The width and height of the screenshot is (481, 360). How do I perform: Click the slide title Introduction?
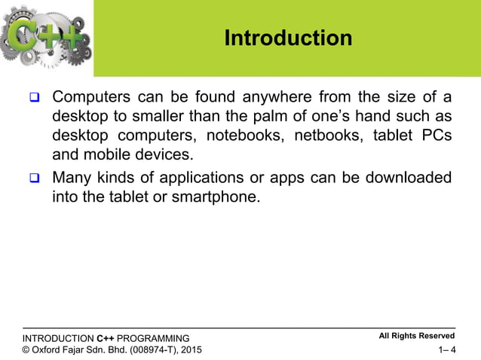(x=288, y=38)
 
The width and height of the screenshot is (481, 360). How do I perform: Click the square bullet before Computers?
(x=34, y=99)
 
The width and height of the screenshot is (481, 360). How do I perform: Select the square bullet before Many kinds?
(x=34, y=178)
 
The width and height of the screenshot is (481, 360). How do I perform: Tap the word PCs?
(x=435, y=137)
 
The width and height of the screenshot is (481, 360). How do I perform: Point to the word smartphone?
(x=225, y=197)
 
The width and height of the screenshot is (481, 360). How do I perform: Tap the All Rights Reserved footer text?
(x=416, y=336)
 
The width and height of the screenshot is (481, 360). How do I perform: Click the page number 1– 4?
(x=446, y=349)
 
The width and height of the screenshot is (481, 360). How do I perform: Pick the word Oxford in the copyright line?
(x=51, y=349)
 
